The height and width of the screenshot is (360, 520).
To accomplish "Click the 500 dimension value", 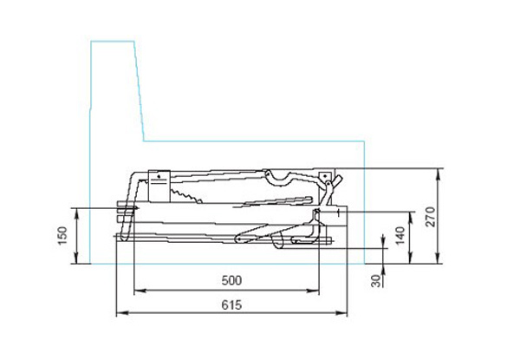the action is click(231, 280).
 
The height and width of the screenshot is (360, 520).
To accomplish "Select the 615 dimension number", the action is click(231, 305).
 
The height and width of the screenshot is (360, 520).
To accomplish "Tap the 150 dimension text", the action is click(62, 236).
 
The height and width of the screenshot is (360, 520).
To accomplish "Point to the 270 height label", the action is click(430, 217).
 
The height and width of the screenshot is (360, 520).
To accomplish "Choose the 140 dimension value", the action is click(400, 236).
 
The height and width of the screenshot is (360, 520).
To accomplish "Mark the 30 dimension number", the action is click(376, 281).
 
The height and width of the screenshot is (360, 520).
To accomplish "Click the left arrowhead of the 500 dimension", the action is click(140, 291).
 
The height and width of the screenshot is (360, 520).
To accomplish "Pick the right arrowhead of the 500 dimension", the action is click(313, 291).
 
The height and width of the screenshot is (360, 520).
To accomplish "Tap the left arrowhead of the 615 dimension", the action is click(122, 312).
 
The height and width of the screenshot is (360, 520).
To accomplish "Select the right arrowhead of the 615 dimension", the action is click(341, 312).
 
